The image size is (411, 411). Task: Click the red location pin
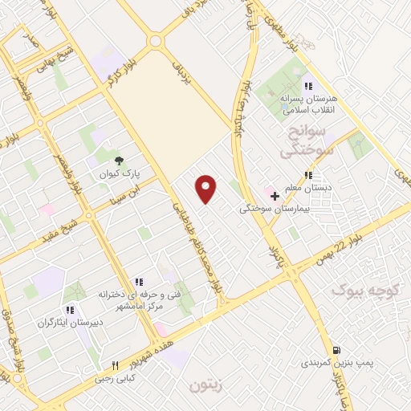click(x=206, y=187)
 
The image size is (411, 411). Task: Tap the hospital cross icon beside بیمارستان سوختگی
click(x=275, y=195)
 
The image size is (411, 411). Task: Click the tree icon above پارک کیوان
click(x=120, y=161)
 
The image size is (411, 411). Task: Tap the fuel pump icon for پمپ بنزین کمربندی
click(x=336, y=349)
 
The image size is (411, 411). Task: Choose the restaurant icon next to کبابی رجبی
click(x=115, y=365)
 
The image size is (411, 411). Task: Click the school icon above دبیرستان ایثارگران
click(x=70, y=309)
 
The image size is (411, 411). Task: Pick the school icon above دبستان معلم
click(x=308, y=176)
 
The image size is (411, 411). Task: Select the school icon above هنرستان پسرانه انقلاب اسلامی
click(x=307, y=87)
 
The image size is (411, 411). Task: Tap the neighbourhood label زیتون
click(x=205, y=385)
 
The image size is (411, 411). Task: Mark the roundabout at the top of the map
click(x=155, y=40)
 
